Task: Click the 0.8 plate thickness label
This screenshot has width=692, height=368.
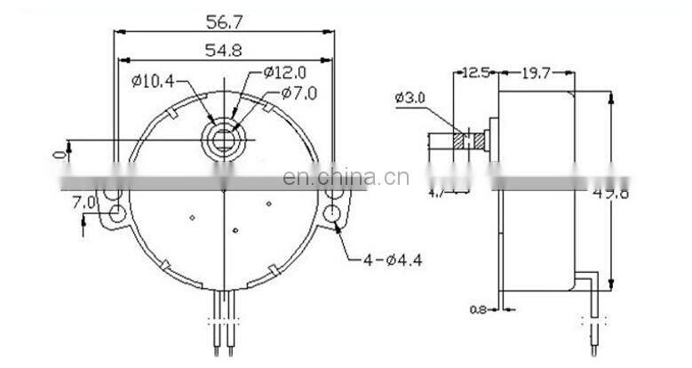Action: pos(477,310)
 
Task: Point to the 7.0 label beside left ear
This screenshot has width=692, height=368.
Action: pos(84,203)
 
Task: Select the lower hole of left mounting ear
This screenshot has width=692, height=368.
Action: pos(115,213)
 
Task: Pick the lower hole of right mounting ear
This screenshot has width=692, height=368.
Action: pos(332,213)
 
